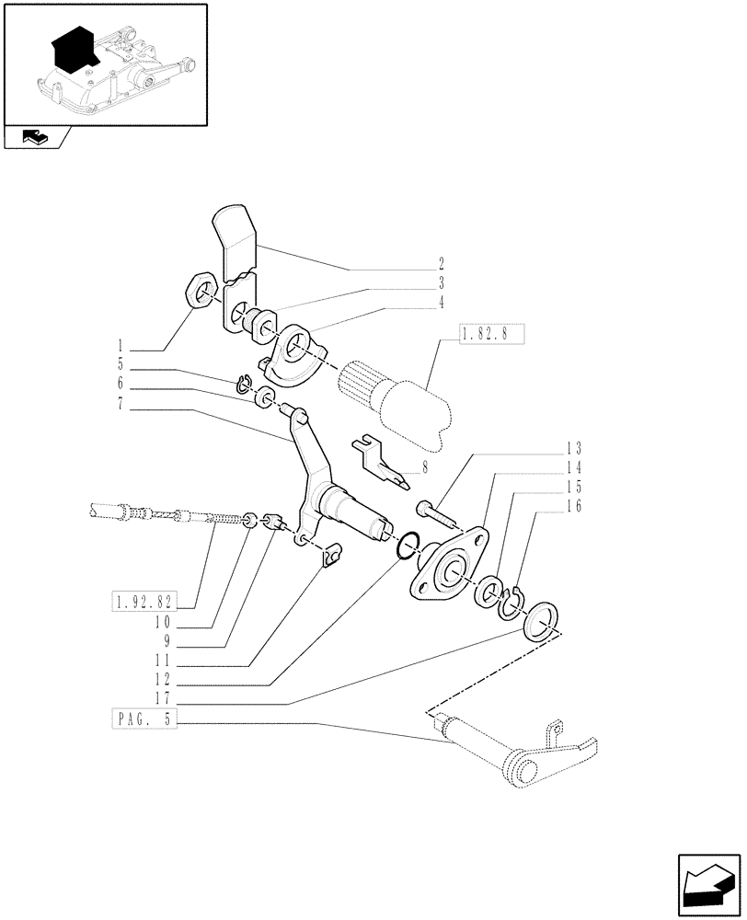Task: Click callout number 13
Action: coord(574,449)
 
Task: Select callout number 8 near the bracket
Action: coord(424,467)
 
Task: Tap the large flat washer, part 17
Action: coord(539,621)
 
